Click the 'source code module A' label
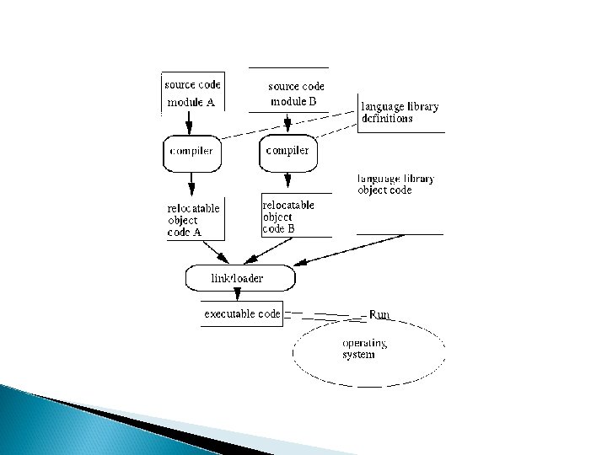[x=191, y=94]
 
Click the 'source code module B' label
[x=295, y=94]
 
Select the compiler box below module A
[x=191, y=152]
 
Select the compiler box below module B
[x=287, y=151]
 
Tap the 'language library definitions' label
[x=399, y=113]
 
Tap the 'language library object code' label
[x=396, y=185]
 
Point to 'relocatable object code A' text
[x=194, y=220]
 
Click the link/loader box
[x=239, y=277]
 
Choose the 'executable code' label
[x=242, y=313]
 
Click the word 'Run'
[x=380, y=313]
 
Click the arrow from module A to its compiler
[x=190, y=123]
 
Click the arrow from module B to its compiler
[x=287, y=123]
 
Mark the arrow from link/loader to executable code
[x=237, y=293]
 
